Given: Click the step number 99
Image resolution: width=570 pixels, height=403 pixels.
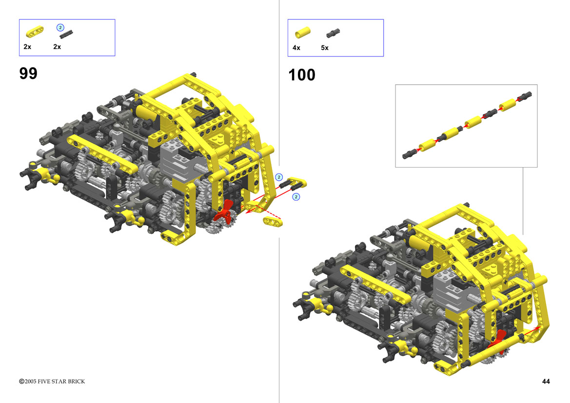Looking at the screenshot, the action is [x=28, y=74].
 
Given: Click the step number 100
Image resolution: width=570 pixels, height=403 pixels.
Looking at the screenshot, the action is [x=302, y=75].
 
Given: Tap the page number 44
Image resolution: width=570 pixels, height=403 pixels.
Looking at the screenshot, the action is [x=546, y=381].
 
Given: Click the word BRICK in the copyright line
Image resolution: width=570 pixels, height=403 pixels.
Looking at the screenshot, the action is [x=77, y=381].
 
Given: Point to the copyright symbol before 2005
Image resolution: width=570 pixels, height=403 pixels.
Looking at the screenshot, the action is [x=21, y=381].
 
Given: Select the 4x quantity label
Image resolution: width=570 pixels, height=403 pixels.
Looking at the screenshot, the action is [x=296, y=48].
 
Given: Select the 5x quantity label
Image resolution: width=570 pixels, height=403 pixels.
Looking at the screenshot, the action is [x=325, y=48].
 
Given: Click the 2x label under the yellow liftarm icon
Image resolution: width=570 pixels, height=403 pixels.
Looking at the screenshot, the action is [x=27, y=46].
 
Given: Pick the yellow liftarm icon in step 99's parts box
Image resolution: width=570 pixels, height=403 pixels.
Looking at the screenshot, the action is [x=35, y=32].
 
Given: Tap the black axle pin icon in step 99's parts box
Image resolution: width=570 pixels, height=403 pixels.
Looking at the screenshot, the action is [x=66, y=34].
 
